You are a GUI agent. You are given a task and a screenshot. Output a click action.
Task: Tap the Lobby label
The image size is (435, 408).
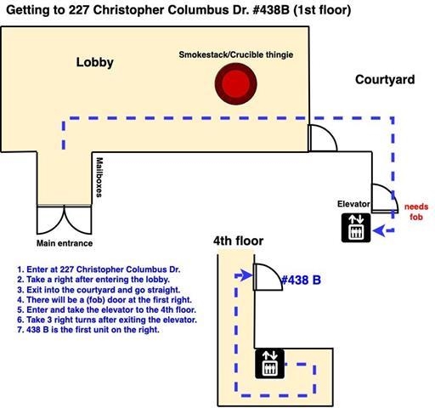click(95, 62)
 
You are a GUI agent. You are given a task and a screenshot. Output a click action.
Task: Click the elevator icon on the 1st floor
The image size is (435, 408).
click(355, 228)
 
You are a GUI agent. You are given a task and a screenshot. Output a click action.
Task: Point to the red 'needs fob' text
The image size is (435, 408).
click(415, 212)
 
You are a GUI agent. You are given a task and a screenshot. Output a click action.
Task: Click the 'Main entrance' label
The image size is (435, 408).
click(64, 243)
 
